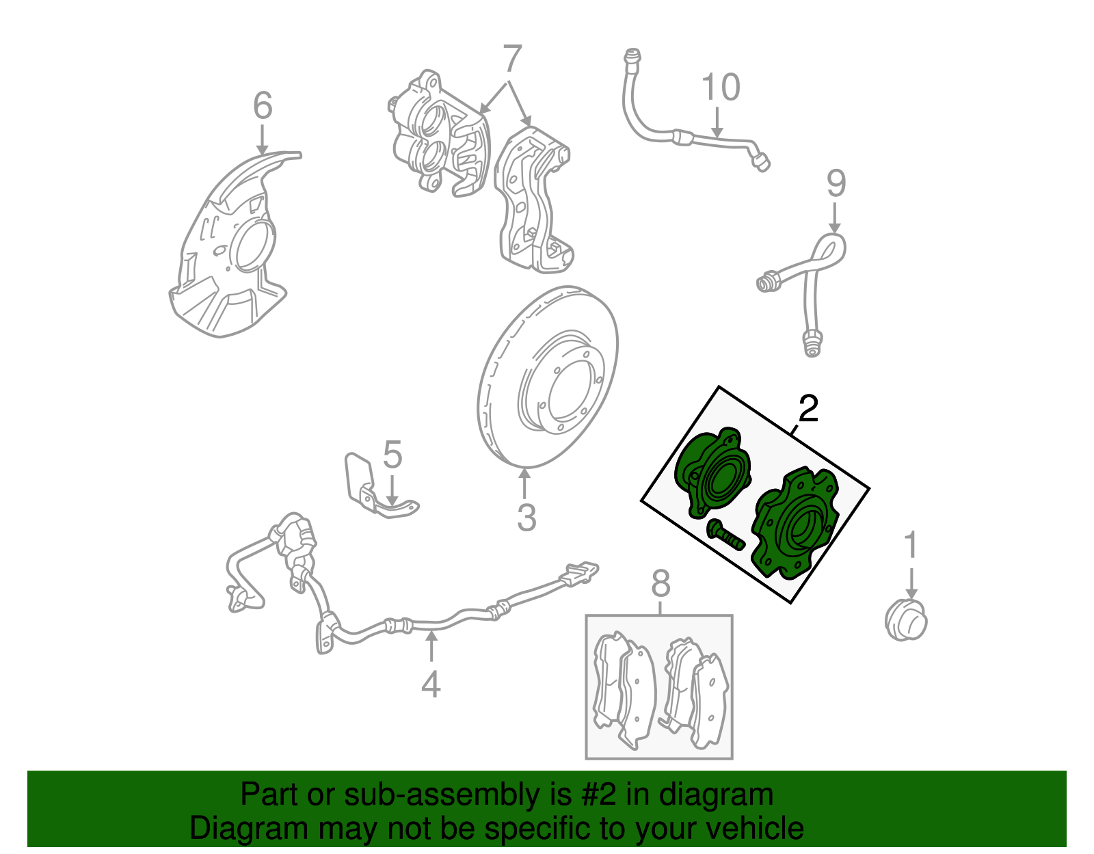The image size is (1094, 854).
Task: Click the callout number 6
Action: (x=263, y=106)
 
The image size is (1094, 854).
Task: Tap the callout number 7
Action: (x=512, y=59)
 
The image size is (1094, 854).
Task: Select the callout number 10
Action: (x=721, y=88)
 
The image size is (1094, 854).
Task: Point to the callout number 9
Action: (x=836, y=184)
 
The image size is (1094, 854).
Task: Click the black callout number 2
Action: (x=809, y=409)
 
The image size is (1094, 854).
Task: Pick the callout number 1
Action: (x=911, y=545)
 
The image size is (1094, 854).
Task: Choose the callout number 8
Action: (x=661, y=584)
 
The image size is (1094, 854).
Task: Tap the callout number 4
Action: (x=431, y=684)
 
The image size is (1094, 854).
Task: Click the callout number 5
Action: (x=392, y=455)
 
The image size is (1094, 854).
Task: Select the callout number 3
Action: (x=526, y=518)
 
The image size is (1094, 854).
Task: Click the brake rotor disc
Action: (x=548, y=377)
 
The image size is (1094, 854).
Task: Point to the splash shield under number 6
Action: (x=229, y=244)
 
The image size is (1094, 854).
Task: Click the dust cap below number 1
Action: (x=906, y=619)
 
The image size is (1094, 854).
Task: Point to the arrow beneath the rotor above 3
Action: (x=524, y=485)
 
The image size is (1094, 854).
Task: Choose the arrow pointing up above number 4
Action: (x=431, y=647)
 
